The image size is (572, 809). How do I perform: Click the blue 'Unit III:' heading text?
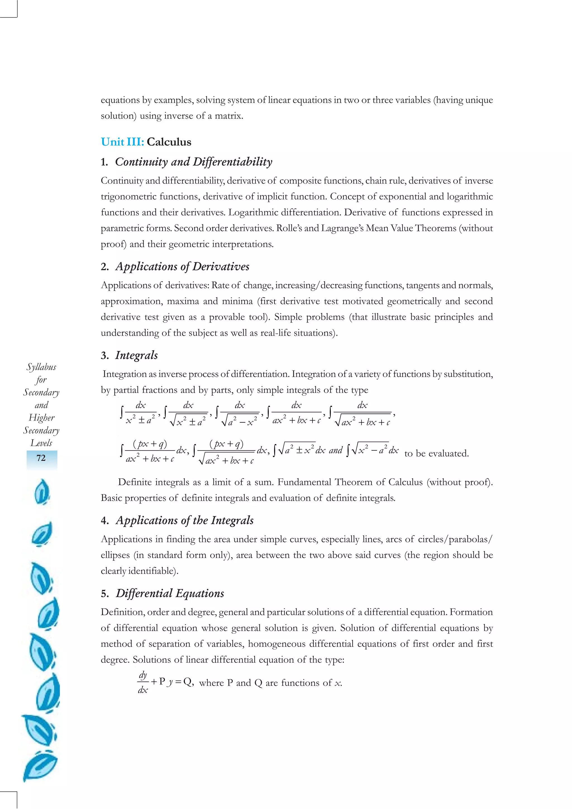tap(122, 142)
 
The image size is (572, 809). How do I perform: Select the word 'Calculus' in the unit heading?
tap(169, 142)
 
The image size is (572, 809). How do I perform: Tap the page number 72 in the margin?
tap(41, 458)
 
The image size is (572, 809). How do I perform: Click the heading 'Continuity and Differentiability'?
tap(194, 162)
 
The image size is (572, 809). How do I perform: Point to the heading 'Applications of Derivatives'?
tap(182, 266)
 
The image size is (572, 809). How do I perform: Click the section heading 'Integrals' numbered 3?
tap(136, 355)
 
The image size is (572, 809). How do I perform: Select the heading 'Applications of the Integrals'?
tap(185, 520)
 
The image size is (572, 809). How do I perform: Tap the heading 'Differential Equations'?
tap(170, 593)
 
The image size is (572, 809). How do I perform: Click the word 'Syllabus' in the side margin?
tap(41, 367)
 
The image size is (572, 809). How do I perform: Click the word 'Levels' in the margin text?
tap(41, 443)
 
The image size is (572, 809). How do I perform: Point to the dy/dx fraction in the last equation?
tap(143, 683)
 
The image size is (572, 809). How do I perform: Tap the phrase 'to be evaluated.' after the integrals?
tap(436, 453)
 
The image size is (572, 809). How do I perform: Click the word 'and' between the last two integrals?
tap(335, 450)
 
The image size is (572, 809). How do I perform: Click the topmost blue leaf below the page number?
tap(42, 492)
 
